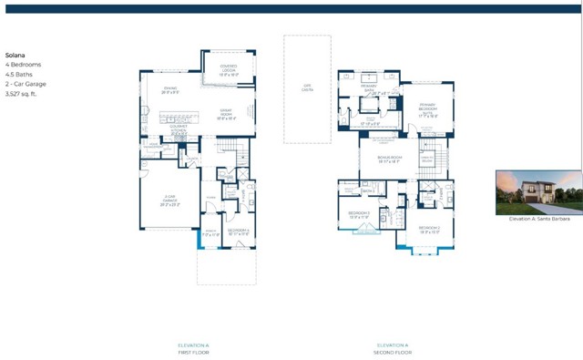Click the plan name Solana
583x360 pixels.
[15, 54]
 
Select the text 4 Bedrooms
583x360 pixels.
[22, 64]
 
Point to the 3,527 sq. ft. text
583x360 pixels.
[24, 93]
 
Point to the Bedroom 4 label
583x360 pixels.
[240, 231]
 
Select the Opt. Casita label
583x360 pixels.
[306, 88]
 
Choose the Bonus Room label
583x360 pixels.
[390, 159]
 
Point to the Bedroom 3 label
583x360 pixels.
[357, 215]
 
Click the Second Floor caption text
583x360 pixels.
[393, 352]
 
